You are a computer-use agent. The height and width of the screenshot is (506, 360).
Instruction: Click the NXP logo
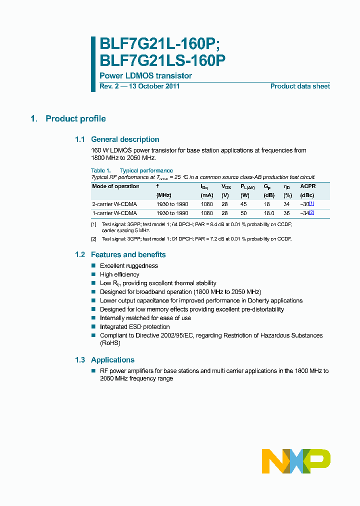(x=296, y=461)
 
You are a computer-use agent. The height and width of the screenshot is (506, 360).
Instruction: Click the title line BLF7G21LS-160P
(x=162, y=60)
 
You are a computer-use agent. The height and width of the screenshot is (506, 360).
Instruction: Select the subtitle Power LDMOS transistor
(x=145, y=76)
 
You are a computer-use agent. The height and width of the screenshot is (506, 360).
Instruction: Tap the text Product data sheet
(x=300, y=86)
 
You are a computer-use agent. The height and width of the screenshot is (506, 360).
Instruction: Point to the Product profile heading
(x=75, y=118)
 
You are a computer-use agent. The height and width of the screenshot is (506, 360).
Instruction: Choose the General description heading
(x=125, y=139)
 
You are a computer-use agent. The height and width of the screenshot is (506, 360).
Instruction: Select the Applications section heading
(x=112, y=360)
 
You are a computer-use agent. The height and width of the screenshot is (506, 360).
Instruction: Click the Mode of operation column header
(x=116, y=186)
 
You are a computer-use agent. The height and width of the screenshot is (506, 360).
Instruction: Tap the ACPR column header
(x=307, y=186)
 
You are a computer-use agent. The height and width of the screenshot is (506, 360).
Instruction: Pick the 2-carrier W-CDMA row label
(x=114, y=204)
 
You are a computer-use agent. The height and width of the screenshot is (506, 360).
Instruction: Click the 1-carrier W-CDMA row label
(x=114, y=213)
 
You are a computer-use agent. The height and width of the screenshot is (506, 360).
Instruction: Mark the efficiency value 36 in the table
(x=287, y=213)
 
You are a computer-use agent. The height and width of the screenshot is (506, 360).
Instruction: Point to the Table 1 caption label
(x=100, y=170)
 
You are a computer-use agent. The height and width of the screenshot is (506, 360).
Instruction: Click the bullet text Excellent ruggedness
(x=128, y=266)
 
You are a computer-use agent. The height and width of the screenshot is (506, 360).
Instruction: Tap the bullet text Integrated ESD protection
(x=134, y=327)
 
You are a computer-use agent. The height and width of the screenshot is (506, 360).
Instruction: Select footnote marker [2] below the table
(x=93, y=239)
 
